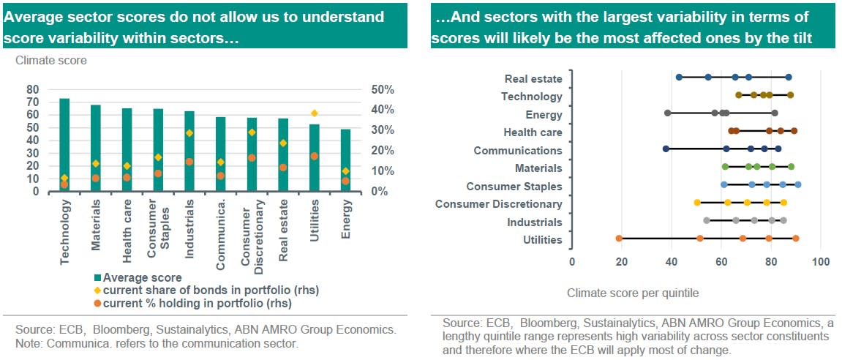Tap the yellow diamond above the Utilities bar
pos(315,113)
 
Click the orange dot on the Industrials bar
pos(189,162)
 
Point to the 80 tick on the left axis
pos(32,89)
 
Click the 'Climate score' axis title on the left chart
pos(51,61)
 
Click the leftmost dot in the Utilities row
pos(619,239)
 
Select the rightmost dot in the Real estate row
pos(789,77)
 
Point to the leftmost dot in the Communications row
pos(666,149)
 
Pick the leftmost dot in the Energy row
pos(667,113)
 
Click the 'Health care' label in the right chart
pos(533,132)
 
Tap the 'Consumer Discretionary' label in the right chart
pos(499,204)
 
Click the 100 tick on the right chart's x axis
pos(821,261)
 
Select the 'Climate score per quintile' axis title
pos(633,293)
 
